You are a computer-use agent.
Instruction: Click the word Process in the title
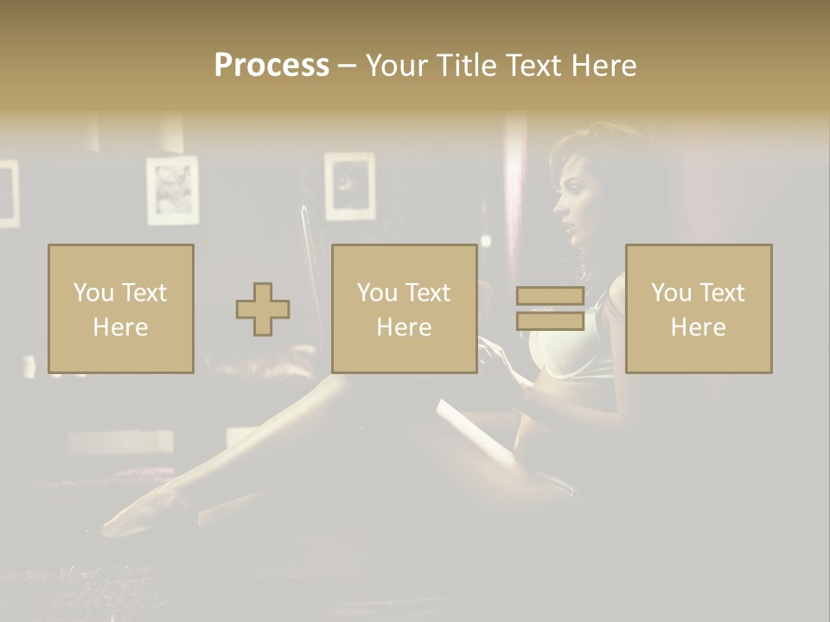pos(271,66)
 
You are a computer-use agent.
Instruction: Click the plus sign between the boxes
pos(263,309)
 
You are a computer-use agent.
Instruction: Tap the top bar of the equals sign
pos(550,295)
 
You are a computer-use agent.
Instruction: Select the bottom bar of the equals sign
pos(550,321)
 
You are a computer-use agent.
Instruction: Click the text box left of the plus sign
pos(120,308)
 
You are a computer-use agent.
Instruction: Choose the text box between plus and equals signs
pos(404,308)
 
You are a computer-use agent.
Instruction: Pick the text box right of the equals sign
pos(698,308)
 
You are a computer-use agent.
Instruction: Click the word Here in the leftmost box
pos(120,327)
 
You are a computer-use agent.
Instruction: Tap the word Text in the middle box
pos(428,293)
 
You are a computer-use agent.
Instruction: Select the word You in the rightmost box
pos(671,293)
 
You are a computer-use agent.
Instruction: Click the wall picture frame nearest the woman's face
pos(350,186)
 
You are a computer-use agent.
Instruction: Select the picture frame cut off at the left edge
pos(8,194)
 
